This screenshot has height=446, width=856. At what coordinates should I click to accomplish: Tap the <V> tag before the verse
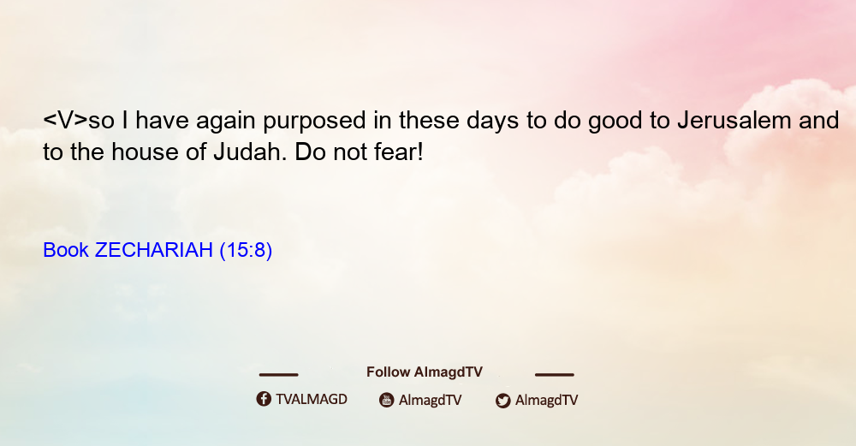click(66, 120)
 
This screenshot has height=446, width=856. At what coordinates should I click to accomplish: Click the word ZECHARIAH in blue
click(153, 250)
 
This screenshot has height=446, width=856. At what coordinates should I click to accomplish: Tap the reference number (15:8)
click(246, 251)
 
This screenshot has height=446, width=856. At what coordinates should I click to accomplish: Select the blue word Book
click(66, 250)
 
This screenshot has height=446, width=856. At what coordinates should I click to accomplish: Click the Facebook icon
click(264, 399)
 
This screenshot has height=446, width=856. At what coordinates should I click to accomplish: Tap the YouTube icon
click(387, 400)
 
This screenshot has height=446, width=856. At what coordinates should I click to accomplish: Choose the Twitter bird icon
click(502, 401)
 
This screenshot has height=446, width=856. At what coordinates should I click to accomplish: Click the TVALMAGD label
click(312, 400)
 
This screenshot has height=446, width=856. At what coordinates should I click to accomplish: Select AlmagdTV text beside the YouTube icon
click(431, 401)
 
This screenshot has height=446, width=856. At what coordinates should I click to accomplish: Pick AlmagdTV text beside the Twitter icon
click(546, 401)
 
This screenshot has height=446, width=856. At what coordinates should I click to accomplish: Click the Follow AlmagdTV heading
click(425, 372)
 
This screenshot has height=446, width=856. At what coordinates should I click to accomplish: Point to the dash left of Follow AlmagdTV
click(278, 374)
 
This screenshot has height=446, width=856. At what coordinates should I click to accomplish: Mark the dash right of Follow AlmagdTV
click(555, 374)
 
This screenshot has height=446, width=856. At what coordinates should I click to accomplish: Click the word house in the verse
click(146, 152)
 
